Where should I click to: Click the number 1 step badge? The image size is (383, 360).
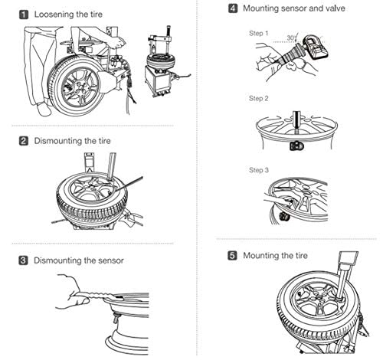click(24, 15)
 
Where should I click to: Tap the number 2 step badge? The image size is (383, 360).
click(24, 141)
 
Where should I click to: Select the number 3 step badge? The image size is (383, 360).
click(23, 260)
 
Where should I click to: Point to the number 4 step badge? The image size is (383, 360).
click(233, 8)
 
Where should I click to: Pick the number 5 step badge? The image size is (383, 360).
click(232, 256)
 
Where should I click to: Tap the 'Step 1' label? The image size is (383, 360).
click(259, 34)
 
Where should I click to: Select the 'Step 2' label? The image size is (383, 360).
click(259, 99)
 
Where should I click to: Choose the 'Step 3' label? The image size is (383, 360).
click(259, 170)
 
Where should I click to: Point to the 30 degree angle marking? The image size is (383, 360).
click(291, 38)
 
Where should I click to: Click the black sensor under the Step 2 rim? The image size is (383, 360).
click(296, 146)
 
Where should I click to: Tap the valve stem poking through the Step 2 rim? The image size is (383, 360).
click(296, 121)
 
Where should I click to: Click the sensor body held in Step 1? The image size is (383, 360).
click(316, 47)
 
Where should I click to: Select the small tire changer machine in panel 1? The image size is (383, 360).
click(165, 63)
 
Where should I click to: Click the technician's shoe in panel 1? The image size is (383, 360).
click(44, 109)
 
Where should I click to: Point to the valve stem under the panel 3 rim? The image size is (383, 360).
click(116, 318)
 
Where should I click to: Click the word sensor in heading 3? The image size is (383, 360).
click(111, 260)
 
